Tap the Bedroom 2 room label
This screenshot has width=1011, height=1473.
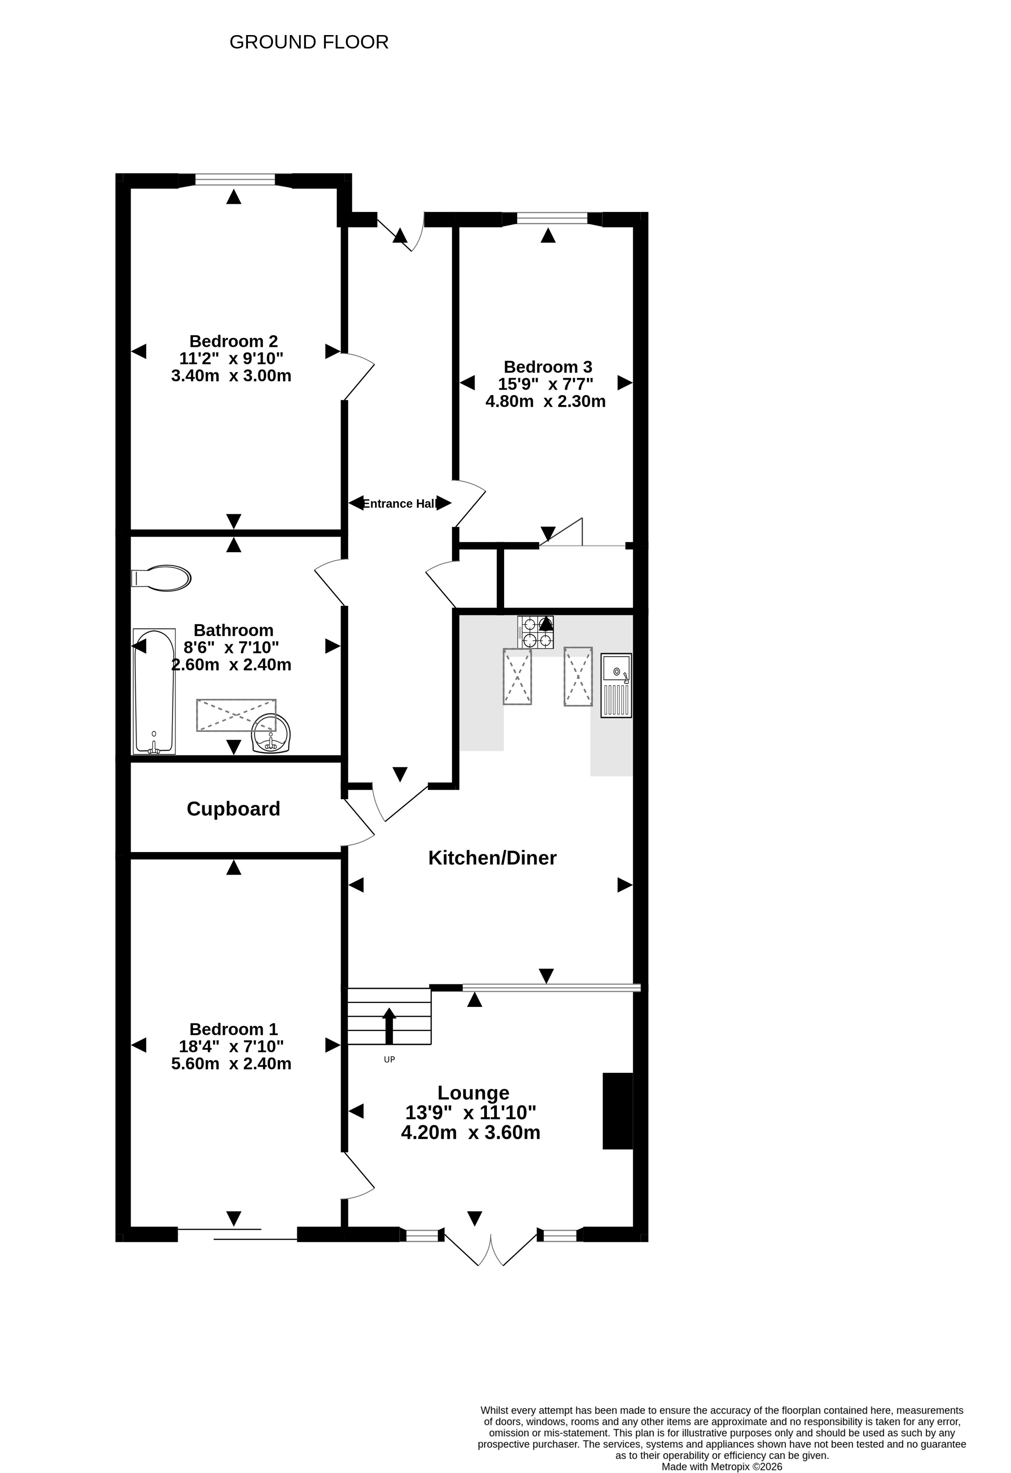pyautogui.click(x=233, y=341)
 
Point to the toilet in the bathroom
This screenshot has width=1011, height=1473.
pyautogui.click(x=161, y=578)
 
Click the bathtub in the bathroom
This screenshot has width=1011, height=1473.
pyautogui.click(x=154, y=691)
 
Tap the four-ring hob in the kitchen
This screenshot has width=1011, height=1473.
pyautogui.click(x=536, y=632)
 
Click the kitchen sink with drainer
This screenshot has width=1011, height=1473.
pyautogui.click(x=616, y=685)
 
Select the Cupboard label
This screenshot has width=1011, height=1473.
pyautogui.click(x=233, y=809)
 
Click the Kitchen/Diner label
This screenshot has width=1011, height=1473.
pyautogui.click(x=493, y=858)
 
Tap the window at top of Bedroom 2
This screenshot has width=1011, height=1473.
pyautogui.click(x=235, y=180)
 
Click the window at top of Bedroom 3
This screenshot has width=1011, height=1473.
pyautogui.click(x=552, y=219)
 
